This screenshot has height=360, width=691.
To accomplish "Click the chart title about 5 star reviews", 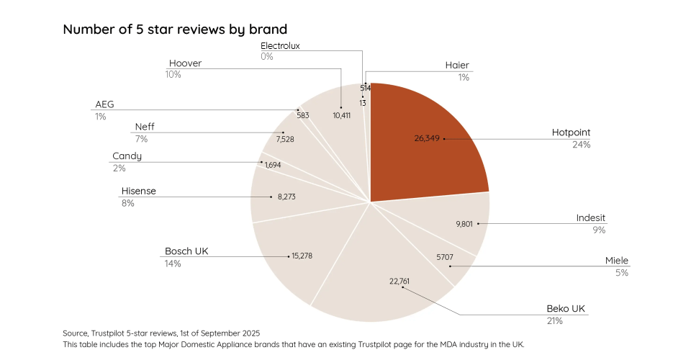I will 175,30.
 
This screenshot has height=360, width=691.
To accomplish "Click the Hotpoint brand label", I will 571,132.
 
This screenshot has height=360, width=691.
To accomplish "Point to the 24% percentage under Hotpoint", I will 581,145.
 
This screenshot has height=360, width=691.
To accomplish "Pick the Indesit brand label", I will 590,218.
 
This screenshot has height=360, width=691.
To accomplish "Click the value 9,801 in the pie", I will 464,224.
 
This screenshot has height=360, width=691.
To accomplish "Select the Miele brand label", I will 616,261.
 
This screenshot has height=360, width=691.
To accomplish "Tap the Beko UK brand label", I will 566,309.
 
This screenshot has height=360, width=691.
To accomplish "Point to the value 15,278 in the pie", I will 302,256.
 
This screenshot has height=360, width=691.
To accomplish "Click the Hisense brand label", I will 139,191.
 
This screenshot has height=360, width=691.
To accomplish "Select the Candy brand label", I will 127,156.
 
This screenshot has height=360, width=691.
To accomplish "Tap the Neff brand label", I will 145,127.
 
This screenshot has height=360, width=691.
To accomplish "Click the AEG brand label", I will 104,104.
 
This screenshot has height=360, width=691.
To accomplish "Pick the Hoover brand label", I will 185,63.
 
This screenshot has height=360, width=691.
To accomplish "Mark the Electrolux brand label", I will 280,45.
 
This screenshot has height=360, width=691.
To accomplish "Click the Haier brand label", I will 457,66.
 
